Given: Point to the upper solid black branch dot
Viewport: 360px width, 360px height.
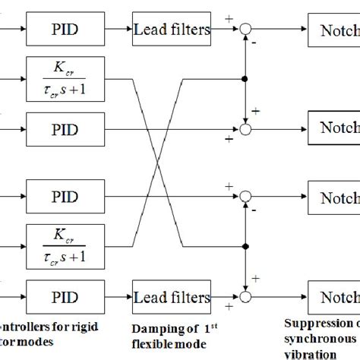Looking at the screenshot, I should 243,79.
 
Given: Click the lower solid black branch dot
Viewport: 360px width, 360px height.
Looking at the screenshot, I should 243,245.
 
